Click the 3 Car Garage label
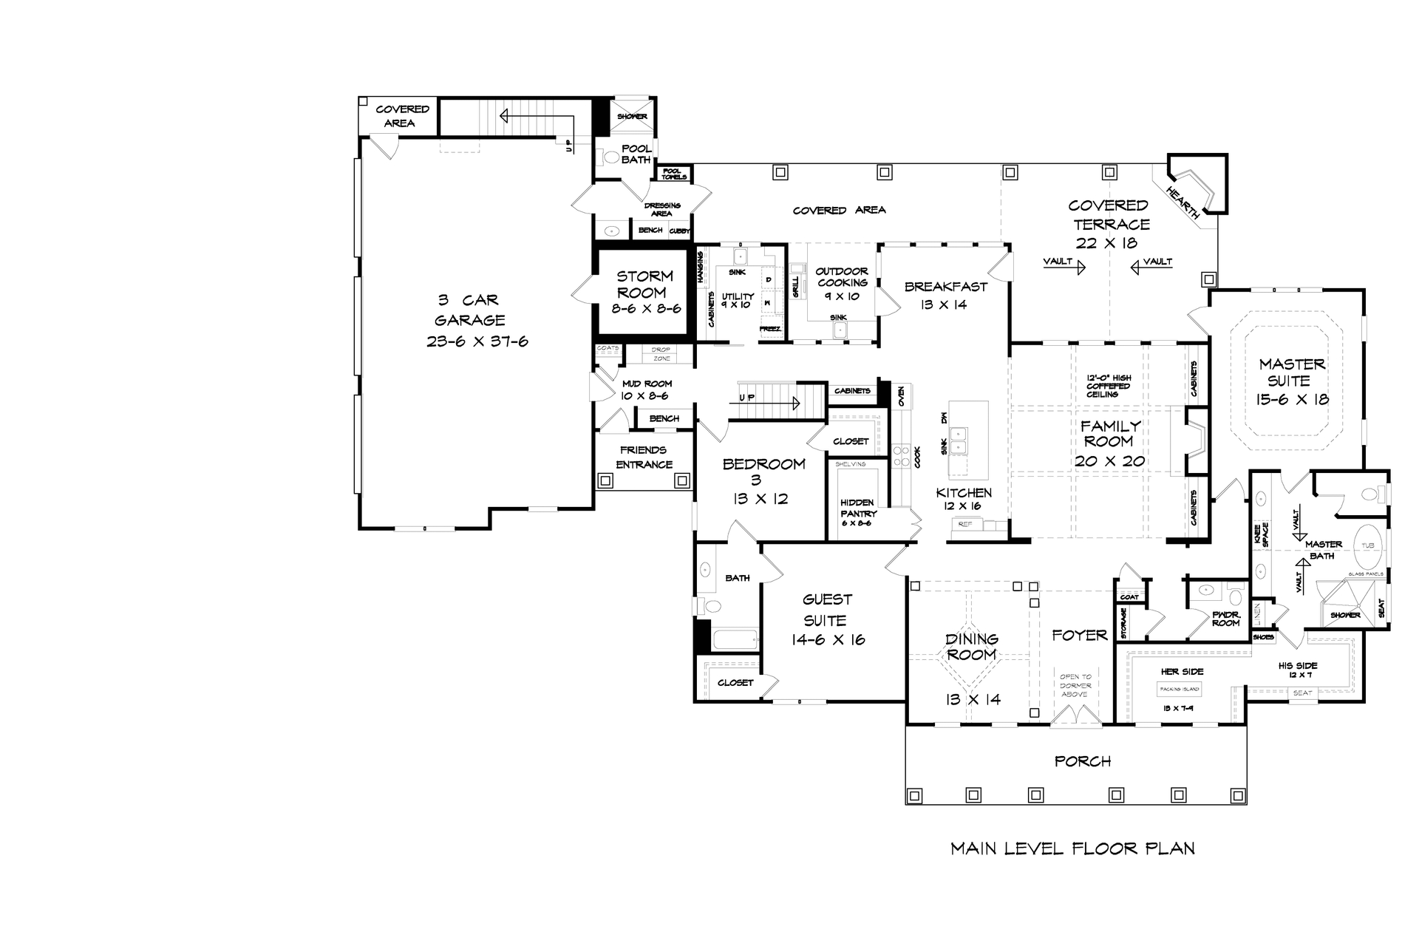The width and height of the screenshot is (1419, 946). coord(470,310)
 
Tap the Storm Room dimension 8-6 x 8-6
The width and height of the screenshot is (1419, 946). coord(645,309)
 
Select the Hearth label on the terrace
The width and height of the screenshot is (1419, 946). coord(1182,202)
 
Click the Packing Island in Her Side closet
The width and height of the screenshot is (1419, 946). coord(1180,689)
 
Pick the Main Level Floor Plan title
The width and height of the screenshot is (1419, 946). coord(1072,848)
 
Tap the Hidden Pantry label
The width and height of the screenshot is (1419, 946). coord(858,508)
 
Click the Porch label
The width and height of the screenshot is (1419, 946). coord(1083,761)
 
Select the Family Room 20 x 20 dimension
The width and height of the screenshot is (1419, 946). coord(1109,461)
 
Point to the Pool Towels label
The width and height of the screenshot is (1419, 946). coord(674,174)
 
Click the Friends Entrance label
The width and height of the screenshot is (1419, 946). coord(644,457)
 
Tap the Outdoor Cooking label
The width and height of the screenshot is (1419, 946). coord(842,277)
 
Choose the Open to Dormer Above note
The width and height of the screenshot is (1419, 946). coord(1075,685)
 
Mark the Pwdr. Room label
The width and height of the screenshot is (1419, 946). coord(1225,619)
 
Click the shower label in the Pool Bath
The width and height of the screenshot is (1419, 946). coord(632,116)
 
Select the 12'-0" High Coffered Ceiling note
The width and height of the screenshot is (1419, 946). coord(1108,386)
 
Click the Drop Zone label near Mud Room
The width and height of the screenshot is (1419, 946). coord(661,354)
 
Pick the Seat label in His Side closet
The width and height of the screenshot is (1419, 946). coord(1302,693)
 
